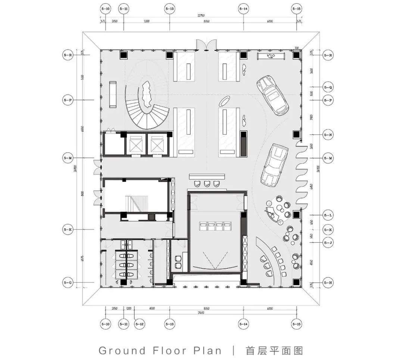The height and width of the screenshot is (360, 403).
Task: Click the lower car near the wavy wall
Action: click(274, 164)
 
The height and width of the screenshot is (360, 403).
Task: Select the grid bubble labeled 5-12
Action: click(140, 324)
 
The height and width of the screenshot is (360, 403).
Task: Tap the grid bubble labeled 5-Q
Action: click(328, 87)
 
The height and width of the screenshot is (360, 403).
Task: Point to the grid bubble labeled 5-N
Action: click(328, 134)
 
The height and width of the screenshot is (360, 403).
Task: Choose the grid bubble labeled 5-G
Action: click(68, 283)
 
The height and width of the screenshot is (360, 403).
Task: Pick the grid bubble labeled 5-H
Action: click(328, 283)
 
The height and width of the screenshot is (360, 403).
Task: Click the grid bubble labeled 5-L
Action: click(328, 215)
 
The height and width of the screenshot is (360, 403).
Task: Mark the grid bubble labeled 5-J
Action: click(328, 242)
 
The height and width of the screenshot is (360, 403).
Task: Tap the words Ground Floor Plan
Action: click(160, 350)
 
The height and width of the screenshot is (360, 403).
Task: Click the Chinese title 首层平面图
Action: click(274, 350)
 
